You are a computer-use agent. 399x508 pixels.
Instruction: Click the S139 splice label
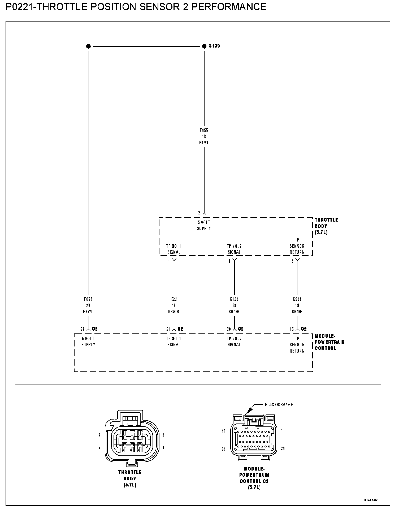pyautogui.click(x=214, y=46)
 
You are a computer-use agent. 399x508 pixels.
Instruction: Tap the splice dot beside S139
pyautogui.click(x=204, y=46)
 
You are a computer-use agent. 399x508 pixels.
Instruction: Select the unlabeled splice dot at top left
pyautogui.click(x=88, y=46)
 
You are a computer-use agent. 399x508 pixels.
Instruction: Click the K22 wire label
pyautogui.click(x=174, y=299)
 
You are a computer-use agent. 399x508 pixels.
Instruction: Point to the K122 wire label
pyautogui.click(x=234, y=299)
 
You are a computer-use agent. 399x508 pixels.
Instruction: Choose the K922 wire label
pyautogui.click(x=297, y=299)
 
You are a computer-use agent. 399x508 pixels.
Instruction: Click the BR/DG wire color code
pyautogui.click(x=234, y=312)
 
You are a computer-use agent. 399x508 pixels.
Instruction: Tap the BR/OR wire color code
pyautogui.click(x=174, y=312)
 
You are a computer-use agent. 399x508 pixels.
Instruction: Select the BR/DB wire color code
pyautogui.click(x=297, y=312)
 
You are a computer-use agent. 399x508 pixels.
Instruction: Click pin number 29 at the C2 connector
pyautogui.click(x=83, y=329)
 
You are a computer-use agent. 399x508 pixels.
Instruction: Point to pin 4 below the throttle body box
pyautogui.click(x=229, y=261)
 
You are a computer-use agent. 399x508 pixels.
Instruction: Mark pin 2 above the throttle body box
pyautogui.click(x=199, y=213)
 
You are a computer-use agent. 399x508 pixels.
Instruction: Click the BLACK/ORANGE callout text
pyautogui.click(x=279, y=405)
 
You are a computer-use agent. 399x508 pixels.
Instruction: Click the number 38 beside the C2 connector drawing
pyautogui.click(x=224, y=448)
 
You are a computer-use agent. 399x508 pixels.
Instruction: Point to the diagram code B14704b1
pyautogui.click(x=371, y=500)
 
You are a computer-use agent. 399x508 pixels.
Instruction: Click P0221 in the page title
pyautogui.click(x=20, y=7)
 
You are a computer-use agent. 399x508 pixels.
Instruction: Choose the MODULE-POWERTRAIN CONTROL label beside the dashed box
pyautogui.click(x=329, y=342)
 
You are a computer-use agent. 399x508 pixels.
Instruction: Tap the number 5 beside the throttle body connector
pyautogui.click(x=99, y=448)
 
